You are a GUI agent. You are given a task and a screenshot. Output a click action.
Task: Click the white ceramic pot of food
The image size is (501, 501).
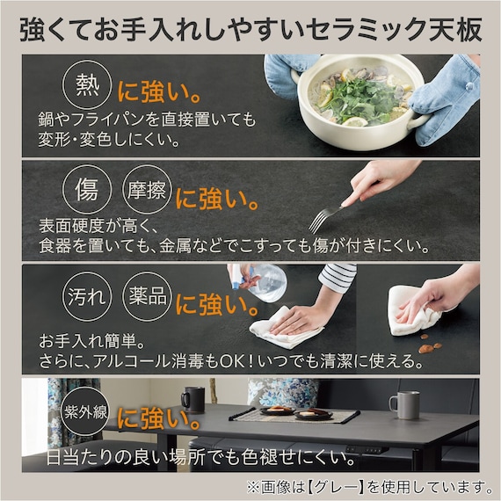pyautogui.click(x=351, y=100)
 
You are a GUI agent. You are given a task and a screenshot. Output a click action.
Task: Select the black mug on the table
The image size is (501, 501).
pyautogui.click(x=192, y=400)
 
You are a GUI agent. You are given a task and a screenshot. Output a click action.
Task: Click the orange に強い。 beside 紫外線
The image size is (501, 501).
pyautogui.click(x=159, y=414)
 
